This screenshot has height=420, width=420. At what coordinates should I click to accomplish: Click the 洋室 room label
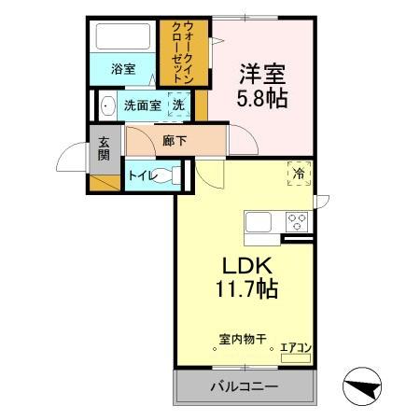point(260,71)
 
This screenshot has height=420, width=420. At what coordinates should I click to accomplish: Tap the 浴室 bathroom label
point(122,68)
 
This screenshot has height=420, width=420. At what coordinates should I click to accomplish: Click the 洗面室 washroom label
point(142,105)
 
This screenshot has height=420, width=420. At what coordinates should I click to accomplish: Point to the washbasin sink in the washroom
point(107,105)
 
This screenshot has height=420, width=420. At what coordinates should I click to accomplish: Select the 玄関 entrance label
point(104,150)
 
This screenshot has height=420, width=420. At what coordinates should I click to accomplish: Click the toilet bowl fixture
point(168,175)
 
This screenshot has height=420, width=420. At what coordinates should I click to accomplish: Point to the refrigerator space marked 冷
point(299,174)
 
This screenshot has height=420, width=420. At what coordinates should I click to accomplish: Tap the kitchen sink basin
point(259,223)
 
